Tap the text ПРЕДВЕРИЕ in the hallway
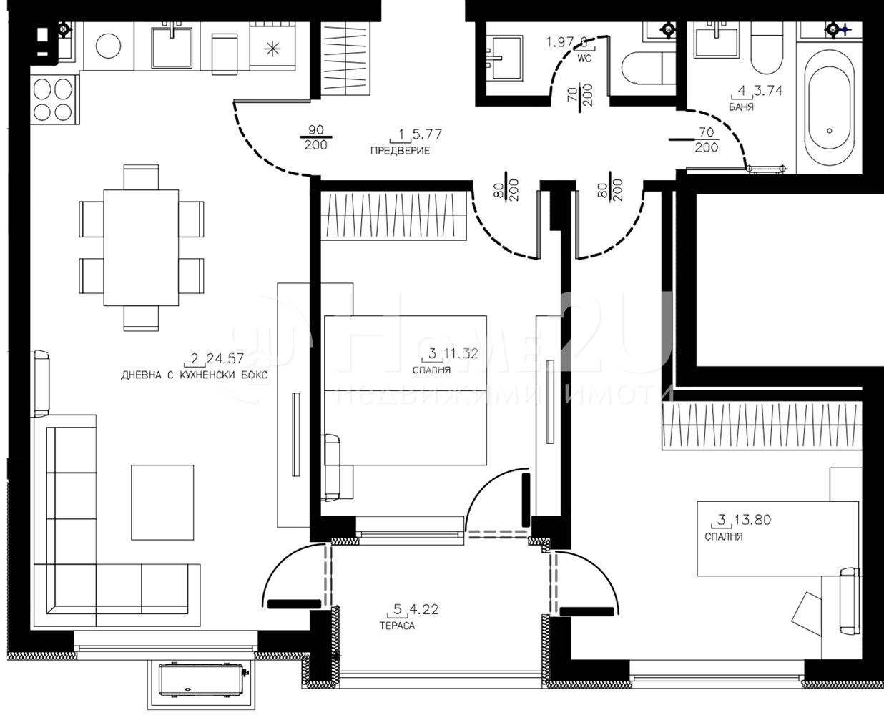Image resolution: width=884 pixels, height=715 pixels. tap(400, 151)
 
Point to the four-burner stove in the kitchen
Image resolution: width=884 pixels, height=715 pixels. tap(54, 99)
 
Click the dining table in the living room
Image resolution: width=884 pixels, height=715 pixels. tap(141, 247)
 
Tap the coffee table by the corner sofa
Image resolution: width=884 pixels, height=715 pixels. tap(162, 502)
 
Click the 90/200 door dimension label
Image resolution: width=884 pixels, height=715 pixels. tap(315, 137)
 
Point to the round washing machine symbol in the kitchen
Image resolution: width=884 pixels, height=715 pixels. tap(109, 46)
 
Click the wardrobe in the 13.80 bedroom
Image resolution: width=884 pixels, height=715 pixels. tap(762, 427)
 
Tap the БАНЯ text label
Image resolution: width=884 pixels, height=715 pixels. tap(740, 107)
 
